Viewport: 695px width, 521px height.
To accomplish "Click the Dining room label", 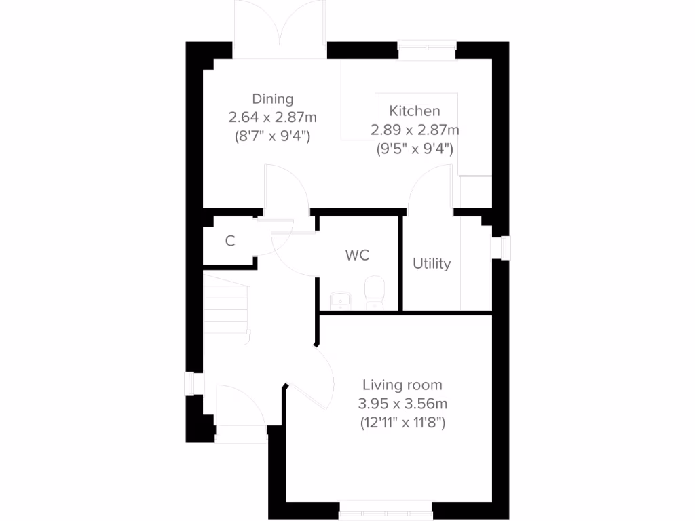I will [273, 99].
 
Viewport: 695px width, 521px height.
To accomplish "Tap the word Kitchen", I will [414, 111].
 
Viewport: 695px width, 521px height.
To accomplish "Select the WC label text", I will [357, 255].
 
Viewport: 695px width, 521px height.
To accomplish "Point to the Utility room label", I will [432, 263].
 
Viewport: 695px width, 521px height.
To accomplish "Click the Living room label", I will [402, 386].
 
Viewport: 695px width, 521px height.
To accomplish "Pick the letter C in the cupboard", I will [230, 240].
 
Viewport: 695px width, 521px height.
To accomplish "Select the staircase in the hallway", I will [228, 307].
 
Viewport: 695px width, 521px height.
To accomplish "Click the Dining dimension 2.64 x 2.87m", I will [273, 117].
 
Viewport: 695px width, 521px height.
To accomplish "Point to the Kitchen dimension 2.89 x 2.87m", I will [415, 129].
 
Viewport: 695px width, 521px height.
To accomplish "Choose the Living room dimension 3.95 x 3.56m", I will [402, 404].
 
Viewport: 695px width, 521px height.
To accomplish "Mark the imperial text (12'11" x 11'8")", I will [402, 423].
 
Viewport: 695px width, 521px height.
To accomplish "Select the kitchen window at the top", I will [427, 47].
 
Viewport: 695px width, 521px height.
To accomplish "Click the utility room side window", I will [504, 247].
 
